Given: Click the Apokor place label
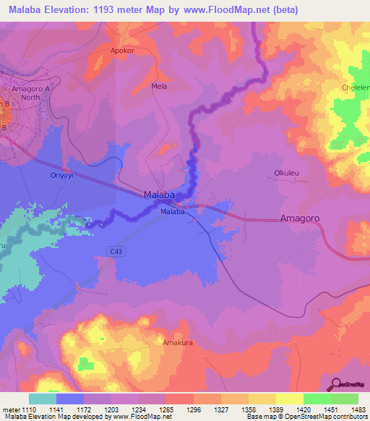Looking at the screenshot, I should [x=122, y=51].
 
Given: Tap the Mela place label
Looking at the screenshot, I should [x=159, y=85].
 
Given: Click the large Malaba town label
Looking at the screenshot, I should [x=159, y=195].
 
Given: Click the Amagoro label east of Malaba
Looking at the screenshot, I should [x=300, y=218].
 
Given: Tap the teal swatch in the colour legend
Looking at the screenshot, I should [x=42, y=399].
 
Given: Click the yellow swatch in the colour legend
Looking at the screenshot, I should [x=289, y=399].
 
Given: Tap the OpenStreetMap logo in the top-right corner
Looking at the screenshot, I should [x=353, y=75].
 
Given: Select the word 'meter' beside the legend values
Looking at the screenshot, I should [x=9, y=409].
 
